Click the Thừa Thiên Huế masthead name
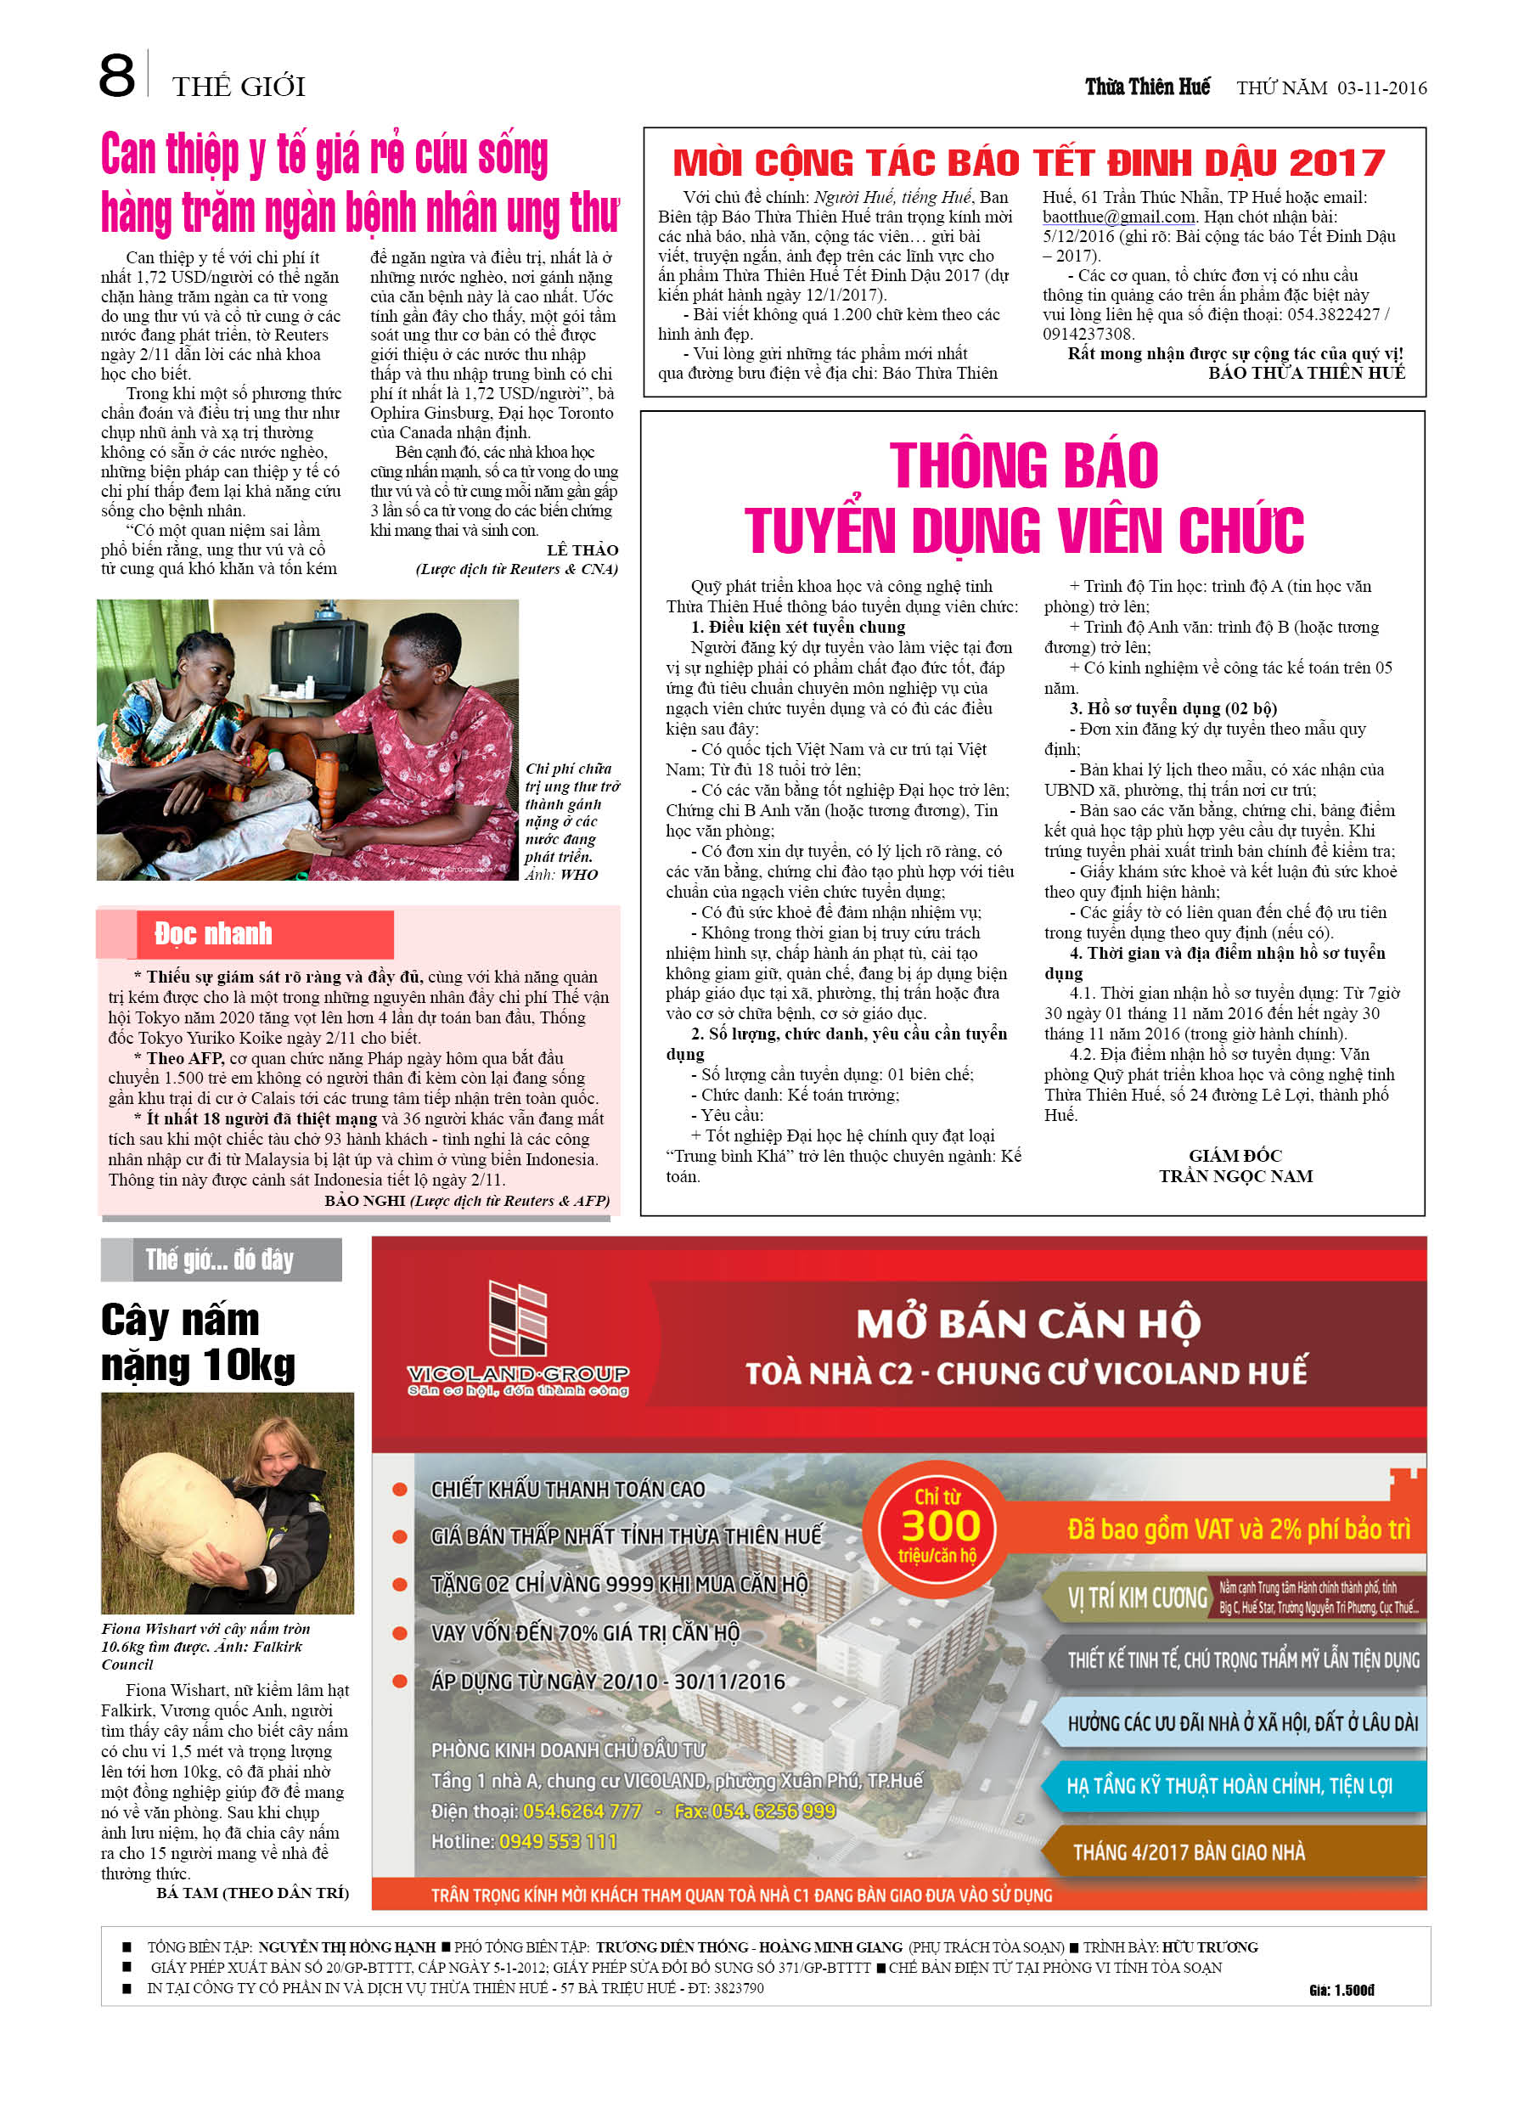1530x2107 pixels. point(1147,87)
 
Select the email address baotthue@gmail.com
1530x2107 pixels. point(1117,217)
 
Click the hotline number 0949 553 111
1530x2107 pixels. point(557,1841)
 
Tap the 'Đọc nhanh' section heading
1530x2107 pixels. point(214,933)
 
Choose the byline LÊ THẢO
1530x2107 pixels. point(582,550)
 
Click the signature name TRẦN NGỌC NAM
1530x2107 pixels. point(1235,1176)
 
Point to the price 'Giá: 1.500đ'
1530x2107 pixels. point(1342,1990)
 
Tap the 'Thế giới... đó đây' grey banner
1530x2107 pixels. point(220,1259)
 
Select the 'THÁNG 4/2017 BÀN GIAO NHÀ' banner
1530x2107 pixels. point(1188,1852)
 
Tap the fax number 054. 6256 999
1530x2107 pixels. point(772,1811)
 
